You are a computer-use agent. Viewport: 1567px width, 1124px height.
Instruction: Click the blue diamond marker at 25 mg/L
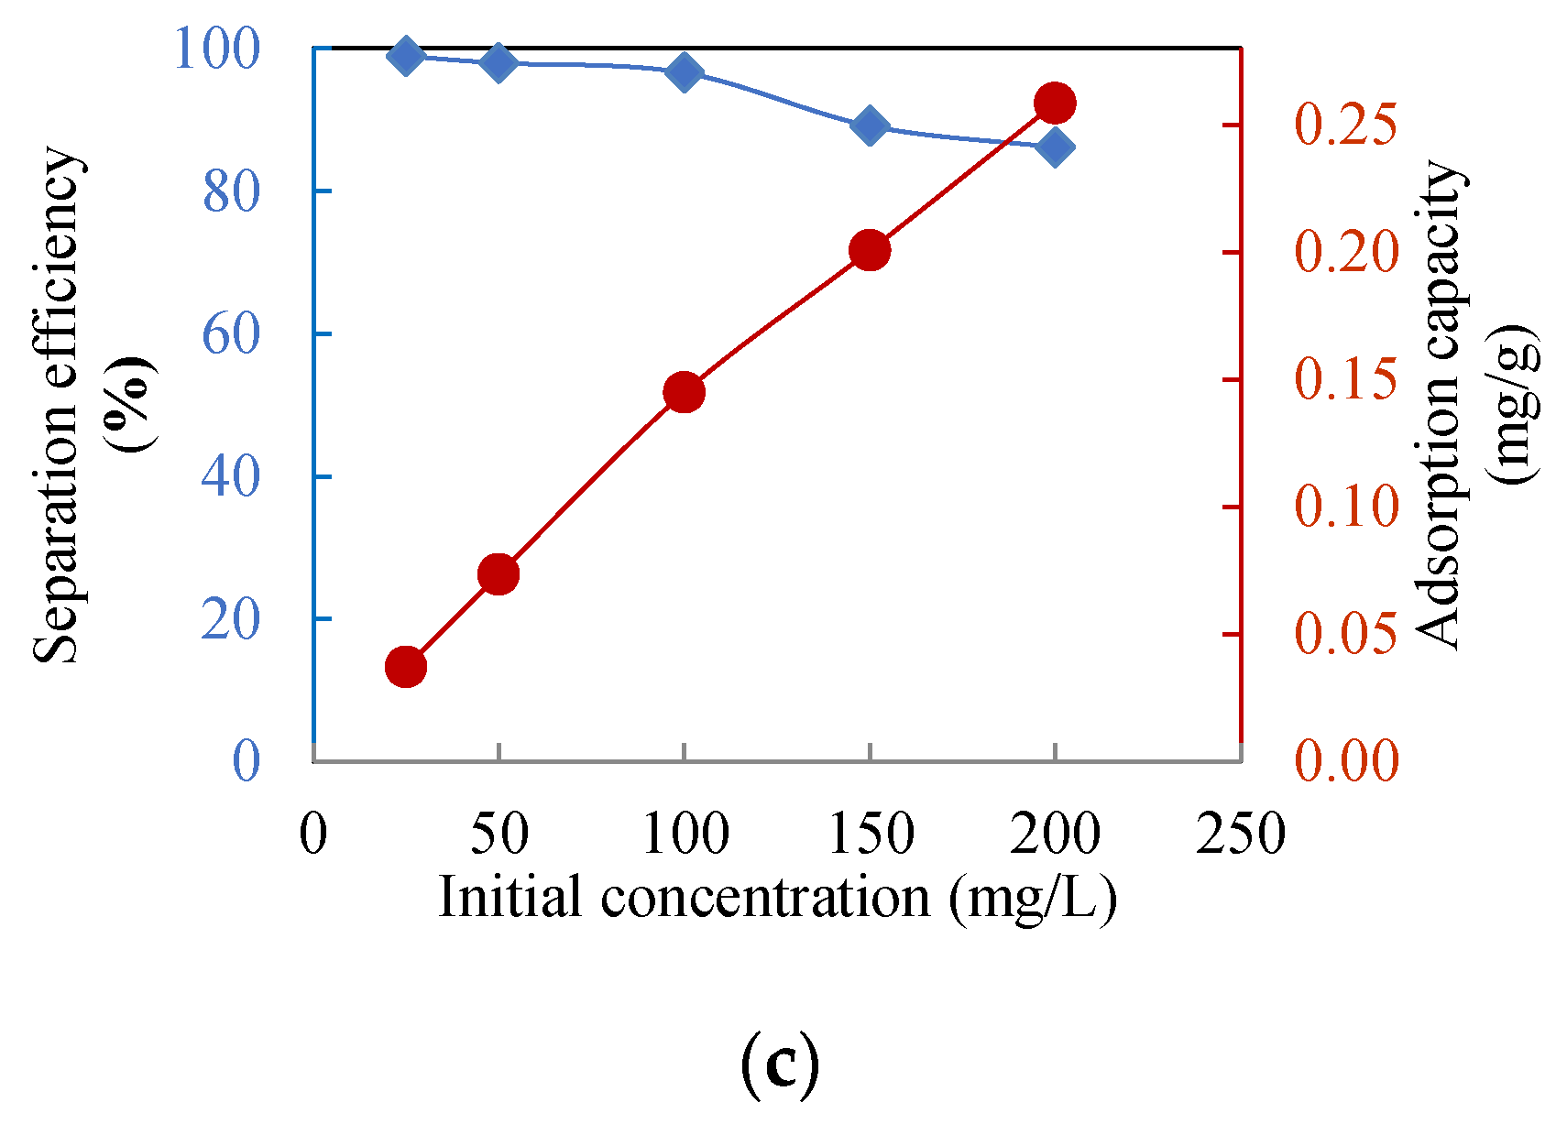[406, 57]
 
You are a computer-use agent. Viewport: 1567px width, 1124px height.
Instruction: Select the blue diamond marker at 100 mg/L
[685, 71]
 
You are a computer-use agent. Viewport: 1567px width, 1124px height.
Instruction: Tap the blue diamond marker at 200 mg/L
[1055, 147]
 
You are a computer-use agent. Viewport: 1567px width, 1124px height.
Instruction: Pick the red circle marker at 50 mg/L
[499, 574]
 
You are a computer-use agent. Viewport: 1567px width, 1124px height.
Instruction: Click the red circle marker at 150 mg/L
[870, 250]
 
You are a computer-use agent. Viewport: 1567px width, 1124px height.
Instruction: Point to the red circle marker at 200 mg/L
[1055, 104]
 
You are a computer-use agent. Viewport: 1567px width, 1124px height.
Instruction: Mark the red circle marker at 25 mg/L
[406, 667]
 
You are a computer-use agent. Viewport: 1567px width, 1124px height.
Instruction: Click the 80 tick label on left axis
[231, 192]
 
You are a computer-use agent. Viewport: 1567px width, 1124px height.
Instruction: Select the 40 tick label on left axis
[231, 477]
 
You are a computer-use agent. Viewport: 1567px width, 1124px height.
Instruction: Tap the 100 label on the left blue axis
[216, 49]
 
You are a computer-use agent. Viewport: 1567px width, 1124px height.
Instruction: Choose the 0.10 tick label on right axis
[1346, 506]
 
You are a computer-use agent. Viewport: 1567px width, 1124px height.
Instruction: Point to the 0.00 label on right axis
[1346, 760]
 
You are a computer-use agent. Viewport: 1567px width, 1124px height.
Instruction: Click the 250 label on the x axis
[1240, 834]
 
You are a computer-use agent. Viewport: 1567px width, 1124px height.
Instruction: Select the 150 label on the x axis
[870, 834]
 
